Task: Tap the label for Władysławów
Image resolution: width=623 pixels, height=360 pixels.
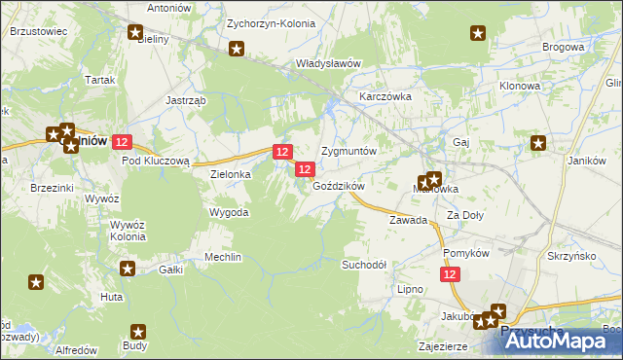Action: click(x=328, y=63)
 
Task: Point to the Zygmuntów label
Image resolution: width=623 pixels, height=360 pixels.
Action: click(x=348, y=152)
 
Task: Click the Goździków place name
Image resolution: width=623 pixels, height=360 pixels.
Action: click(x=339, y=186)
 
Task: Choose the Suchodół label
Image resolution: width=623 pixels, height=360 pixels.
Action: click(x=364, y=265)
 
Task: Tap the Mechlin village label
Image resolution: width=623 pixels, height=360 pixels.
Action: click(x=222, y=257)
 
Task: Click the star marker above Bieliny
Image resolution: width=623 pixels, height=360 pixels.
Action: click(x=135, y=32)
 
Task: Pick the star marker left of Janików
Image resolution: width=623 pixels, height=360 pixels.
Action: click(x=538, y=144)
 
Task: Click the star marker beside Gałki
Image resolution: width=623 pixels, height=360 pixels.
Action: click(x=128, y=268)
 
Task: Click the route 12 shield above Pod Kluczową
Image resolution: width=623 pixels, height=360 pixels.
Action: click(x=122, y=142)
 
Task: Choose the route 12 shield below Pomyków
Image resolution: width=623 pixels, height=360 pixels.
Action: click(x=450, y=275)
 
